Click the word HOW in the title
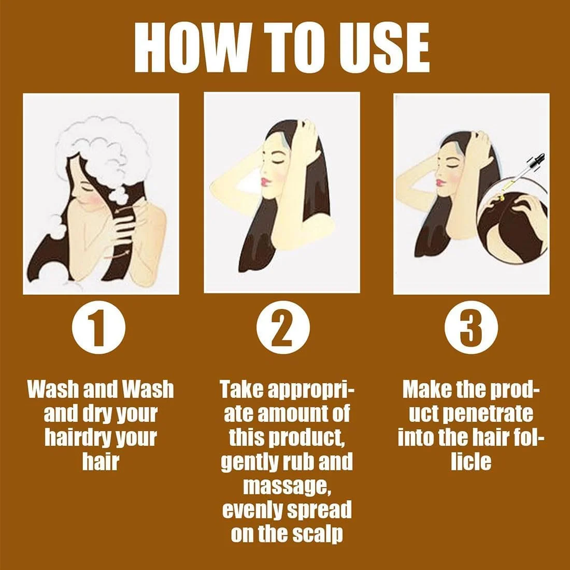coord(187,48)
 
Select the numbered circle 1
coord(98,327)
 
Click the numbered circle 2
coord(283,327)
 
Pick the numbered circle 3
coord(471,327)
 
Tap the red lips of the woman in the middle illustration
coord(264,181)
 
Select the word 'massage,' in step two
coord(287,486)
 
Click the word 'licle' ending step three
coord(471,461)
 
